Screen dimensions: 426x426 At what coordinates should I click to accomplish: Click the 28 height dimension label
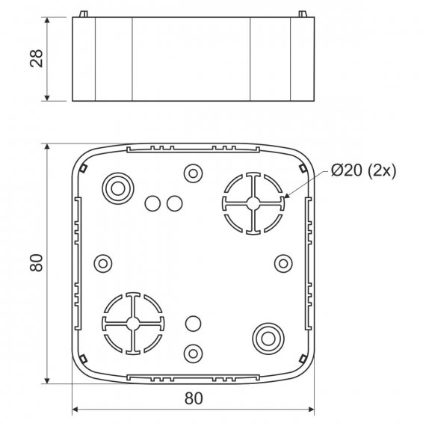37,58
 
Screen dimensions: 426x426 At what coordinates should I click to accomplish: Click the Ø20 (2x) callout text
363,170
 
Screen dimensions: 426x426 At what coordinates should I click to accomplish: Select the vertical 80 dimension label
37,263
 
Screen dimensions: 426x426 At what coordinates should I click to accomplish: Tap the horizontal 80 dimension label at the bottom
194,398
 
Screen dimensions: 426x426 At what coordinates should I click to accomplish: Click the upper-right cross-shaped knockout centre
253,203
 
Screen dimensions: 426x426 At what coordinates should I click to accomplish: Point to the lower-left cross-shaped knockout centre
133,324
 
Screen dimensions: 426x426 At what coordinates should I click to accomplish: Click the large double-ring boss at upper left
118,188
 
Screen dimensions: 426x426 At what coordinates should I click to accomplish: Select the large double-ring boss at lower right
268,339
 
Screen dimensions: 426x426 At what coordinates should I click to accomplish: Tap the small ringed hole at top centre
193,173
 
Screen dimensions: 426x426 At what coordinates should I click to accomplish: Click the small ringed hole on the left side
103,264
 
